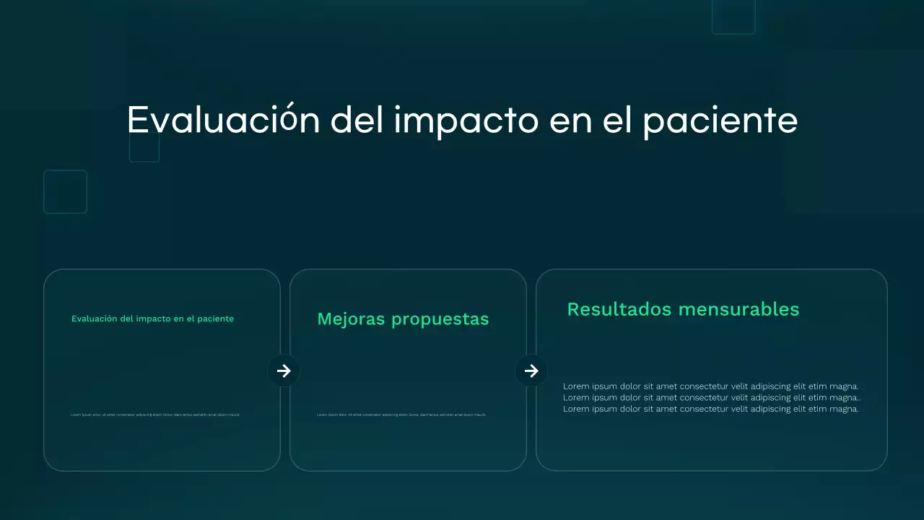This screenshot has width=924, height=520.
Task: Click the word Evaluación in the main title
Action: click(223, 120)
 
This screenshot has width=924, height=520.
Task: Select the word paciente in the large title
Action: click(720, 121)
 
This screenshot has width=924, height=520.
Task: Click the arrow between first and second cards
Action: click(284, 370)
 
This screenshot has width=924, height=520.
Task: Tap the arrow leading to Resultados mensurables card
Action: click(531, 370)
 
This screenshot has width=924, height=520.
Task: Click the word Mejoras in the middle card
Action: click(352, 319)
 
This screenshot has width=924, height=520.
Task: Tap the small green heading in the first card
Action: click(152, 318)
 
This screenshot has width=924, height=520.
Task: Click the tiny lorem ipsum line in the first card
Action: click(155, 415)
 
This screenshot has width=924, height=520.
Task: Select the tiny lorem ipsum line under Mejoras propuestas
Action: click(401, 415)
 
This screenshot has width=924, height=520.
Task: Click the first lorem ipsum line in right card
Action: click(710, 386)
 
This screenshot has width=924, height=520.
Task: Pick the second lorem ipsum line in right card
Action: click(712, 397)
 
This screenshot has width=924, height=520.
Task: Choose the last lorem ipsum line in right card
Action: click(710, 409)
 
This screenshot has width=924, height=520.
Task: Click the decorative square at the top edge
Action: click(733, 16)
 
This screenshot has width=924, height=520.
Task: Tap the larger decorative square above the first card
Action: click(65, 191)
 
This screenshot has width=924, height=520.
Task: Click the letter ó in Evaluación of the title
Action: click(287, 120)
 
